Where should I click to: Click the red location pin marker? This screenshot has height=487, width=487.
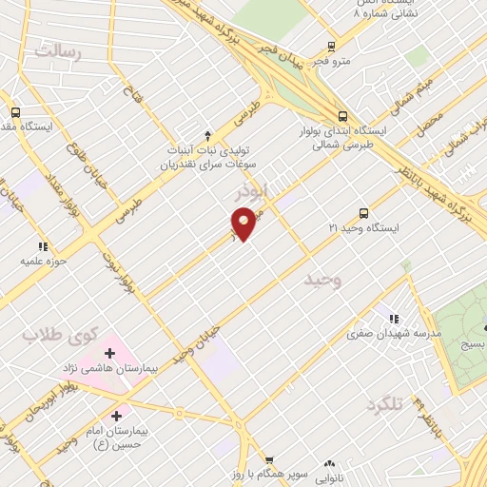coord(244,224)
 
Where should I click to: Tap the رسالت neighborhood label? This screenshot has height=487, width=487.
coord(59,51)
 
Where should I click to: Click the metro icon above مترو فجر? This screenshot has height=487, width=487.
coord(331,46)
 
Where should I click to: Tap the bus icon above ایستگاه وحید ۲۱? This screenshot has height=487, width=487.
coord(363,213)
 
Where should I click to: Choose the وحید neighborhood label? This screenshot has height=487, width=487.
coord(322,281)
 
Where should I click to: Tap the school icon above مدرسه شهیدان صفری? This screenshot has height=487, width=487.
coord(391,318)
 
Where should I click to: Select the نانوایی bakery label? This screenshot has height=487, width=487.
coord(340,474)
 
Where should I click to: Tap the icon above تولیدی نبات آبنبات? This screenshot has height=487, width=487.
coord(208,134)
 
